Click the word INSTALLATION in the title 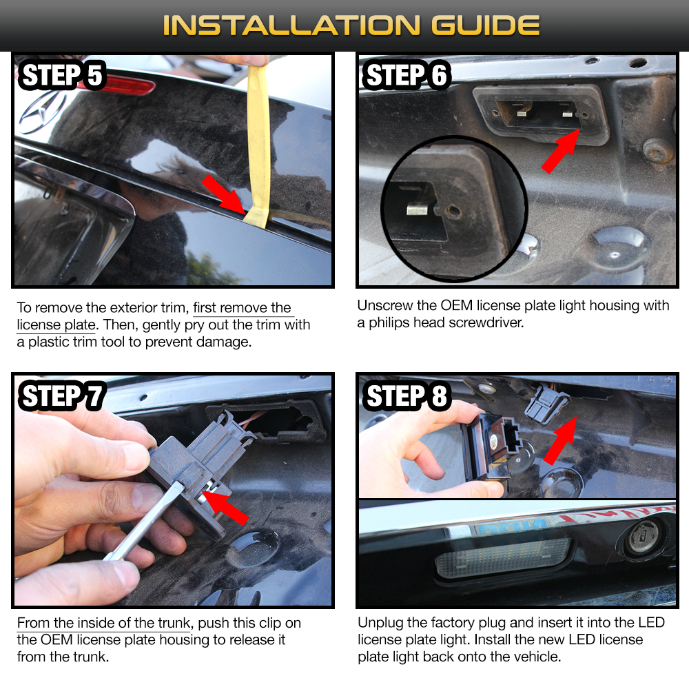291,25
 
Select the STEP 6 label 407,75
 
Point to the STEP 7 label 62,396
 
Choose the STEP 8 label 407,396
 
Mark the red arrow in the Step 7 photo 226,508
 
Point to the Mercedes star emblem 42,112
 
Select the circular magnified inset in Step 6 454,209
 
